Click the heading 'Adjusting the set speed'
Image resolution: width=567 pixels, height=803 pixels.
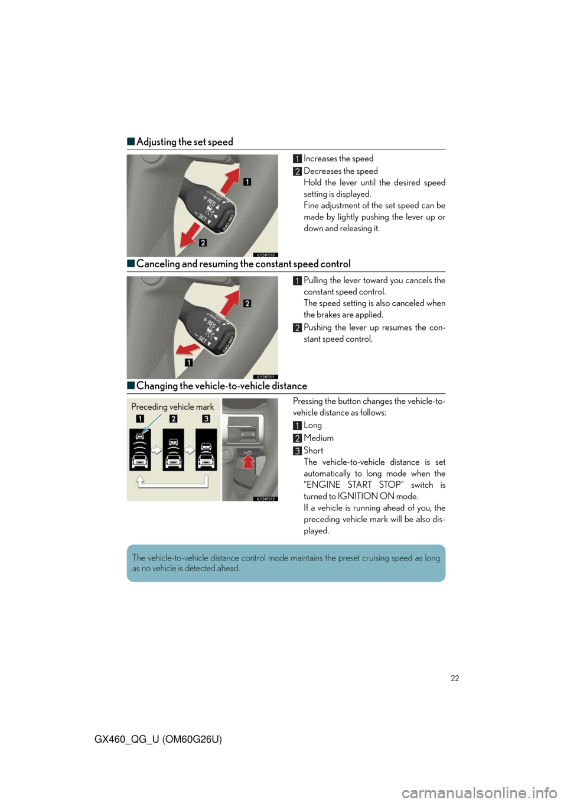[x=184, y=141]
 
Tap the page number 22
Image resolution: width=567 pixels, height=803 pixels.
[x=455, y=678]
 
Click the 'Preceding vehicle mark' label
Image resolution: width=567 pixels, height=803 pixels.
[x=172, y=406]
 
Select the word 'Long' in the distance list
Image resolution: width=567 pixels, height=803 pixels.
[x=312, y=426]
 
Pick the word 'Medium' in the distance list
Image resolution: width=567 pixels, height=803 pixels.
[x=318, y=438]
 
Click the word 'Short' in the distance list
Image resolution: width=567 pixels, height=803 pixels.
[x=314, y=450]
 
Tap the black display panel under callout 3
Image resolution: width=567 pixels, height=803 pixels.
[x=206, y=449]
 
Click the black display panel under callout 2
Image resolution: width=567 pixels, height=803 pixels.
[x=173, y=449]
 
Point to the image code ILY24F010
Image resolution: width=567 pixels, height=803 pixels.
[x=266, y=255]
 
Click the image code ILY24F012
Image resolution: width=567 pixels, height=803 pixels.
[x=266, y=498]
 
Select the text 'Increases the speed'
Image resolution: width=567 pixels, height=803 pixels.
[x=338, y=158]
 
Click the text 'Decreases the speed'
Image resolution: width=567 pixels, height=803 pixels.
[x=340, y=171]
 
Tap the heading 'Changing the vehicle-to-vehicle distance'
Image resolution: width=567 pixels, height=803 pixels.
[x=221, y=386]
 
